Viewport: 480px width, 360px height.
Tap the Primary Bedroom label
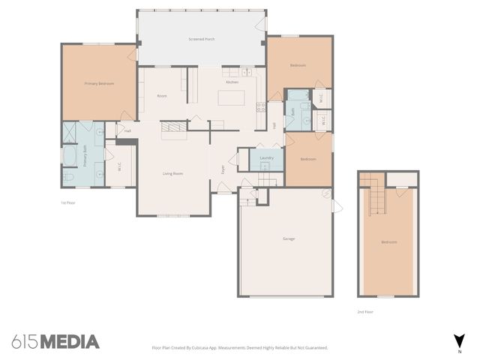pos(99,83)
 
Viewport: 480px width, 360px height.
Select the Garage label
pos(288,238)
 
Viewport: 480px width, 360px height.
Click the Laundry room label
pos(266,158)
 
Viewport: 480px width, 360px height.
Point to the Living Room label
pos(172,174)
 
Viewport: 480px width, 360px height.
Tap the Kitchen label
pos(232,82)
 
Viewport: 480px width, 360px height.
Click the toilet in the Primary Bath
pos(68,177)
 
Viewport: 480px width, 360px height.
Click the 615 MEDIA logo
pos(55,342)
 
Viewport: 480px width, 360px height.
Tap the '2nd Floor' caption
pos(364,311)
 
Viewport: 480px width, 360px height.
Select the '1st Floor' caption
pos(68,202)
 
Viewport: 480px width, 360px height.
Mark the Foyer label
pos(223,169)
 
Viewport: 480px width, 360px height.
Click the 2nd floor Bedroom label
pos(388,242)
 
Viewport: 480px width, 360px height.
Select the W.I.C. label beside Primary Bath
pos(120,168)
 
